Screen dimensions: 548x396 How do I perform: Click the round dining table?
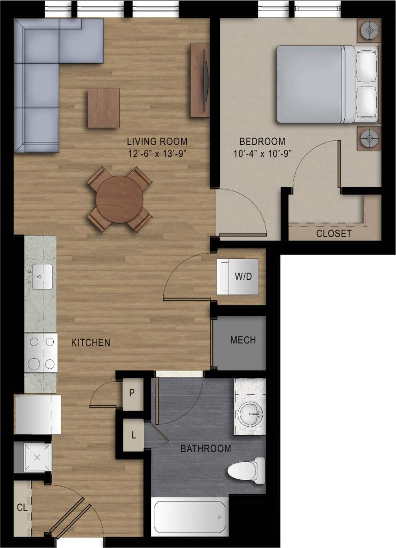119,199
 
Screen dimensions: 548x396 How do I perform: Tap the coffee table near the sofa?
103,108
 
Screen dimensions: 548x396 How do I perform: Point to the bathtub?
189,516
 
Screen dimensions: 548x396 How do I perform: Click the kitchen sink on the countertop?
40,277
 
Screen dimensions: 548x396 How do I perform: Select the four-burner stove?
41,353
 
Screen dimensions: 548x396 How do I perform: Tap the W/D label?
244,277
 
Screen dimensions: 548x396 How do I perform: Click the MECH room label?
243,341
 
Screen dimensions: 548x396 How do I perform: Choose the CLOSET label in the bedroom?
333,234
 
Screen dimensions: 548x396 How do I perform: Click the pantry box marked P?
132,393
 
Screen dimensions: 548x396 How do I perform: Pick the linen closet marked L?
133,435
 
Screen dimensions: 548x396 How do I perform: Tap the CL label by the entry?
22,508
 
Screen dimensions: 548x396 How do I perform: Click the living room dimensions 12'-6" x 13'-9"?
156,154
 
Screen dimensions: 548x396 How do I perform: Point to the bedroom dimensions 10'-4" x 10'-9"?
263,154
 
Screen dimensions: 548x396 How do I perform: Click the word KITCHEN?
91,342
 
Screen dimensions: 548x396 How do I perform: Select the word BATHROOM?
206,448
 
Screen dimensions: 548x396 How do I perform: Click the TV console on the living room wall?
200,80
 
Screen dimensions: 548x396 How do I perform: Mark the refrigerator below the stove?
38,414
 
